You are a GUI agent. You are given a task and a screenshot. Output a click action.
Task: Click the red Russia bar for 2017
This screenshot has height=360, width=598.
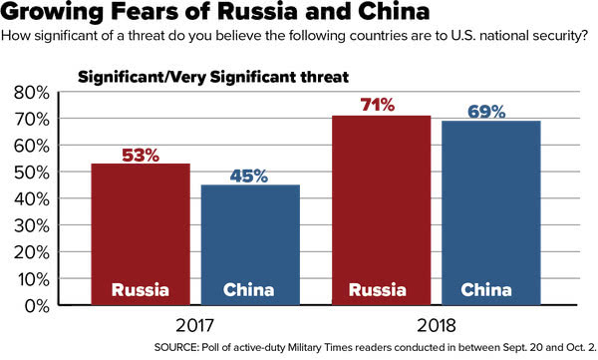pyautogui.click(x=141, y=234)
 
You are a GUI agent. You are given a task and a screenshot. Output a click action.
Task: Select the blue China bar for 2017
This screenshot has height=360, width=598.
pyautogui.click(x=250, y=244)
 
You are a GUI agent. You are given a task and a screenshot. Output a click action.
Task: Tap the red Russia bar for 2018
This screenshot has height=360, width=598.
pyautogui.click(x=381, y=210)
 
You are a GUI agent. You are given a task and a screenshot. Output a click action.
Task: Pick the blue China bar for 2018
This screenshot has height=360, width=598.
pyautogui.click(x=490, y=212)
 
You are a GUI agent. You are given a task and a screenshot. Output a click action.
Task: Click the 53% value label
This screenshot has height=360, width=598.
pyautogui.click(x=141, y=155)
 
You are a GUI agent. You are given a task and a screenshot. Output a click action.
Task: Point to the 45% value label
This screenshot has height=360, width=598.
pyautogui.click(x=248, y=176)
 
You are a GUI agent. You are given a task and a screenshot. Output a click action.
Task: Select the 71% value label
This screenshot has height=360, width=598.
pyautogui.click(x=377, y=105)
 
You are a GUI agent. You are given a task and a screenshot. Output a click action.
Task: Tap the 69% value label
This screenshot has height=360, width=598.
pyautogui.click(x=486, y=112)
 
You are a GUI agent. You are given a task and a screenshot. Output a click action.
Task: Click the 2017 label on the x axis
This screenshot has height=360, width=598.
pyautogui.click(x=194, y=326)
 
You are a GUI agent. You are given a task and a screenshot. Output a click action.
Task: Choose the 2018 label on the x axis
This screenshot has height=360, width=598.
pyautogui.click(x=437, y=326)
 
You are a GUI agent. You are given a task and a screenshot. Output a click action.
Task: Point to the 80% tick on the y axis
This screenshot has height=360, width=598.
pyautogui.click(x=32, y=93)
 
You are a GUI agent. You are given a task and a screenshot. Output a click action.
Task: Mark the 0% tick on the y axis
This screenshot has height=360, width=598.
pyautogui.click(x=37, y=306)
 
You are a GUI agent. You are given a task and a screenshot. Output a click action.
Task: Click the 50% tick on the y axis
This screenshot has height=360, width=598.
pyautogui.click(x=32, y=173)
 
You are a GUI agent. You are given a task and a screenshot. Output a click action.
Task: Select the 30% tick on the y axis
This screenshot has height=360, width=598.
pyautogui.click(x=32, y=226)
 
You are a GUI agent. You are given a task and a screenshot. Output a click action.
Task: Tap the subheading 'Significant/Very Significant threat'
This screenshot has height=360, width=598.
pyautogui.click(x=213, y=77)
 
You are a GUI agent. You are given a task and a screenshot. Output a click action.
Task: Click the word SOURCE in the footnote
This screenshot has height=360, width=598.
pyautogui.click(x=176, y=347)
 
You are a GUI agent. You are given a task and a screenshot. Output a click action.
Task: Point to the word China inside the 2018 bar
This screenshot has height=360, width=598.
pyautogui.click(x=486, y=290)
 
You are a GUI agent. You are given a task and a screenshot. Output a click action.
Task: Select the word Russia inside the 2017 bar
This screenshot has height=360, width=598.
pyautogui.click(x=141, y=290)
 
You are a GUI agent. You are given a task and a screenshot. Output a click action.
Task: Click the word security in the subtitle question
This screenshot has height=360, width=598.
pyautogui.click(x=560, y=36)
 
